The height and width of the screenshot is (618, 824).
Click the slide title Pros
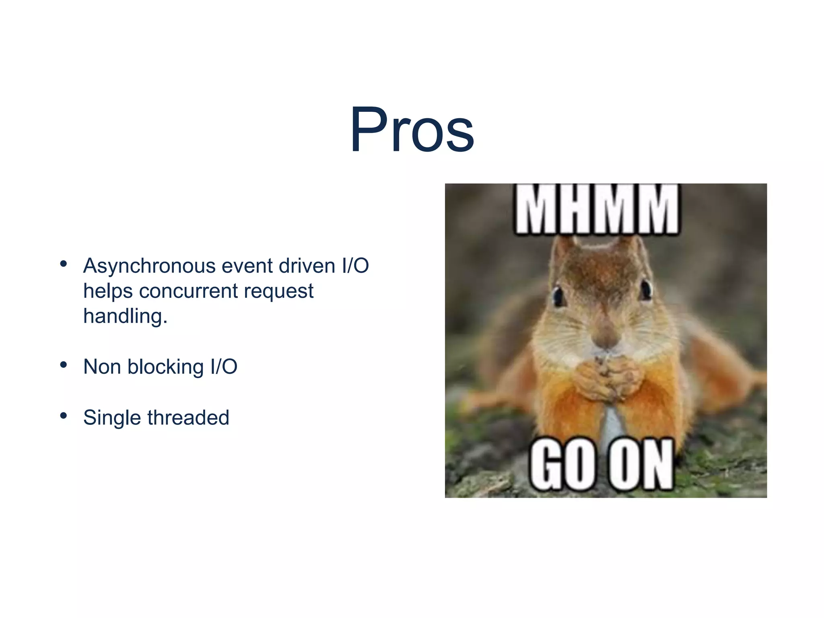coord(412,130)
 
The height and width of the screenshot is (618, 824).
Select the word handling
coord(125,316)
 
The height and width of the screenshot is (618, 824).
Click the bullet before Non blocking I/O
coord(63,365)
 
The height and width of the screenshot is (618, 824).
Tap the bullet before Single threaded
coord(63,416)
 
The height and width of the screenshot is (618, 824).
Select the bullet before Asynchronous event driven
coord(63,264)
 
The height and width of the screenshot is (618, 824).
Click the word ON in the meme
coord(640,465)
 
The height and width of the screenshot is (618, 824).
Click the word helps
coord(108,291)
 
